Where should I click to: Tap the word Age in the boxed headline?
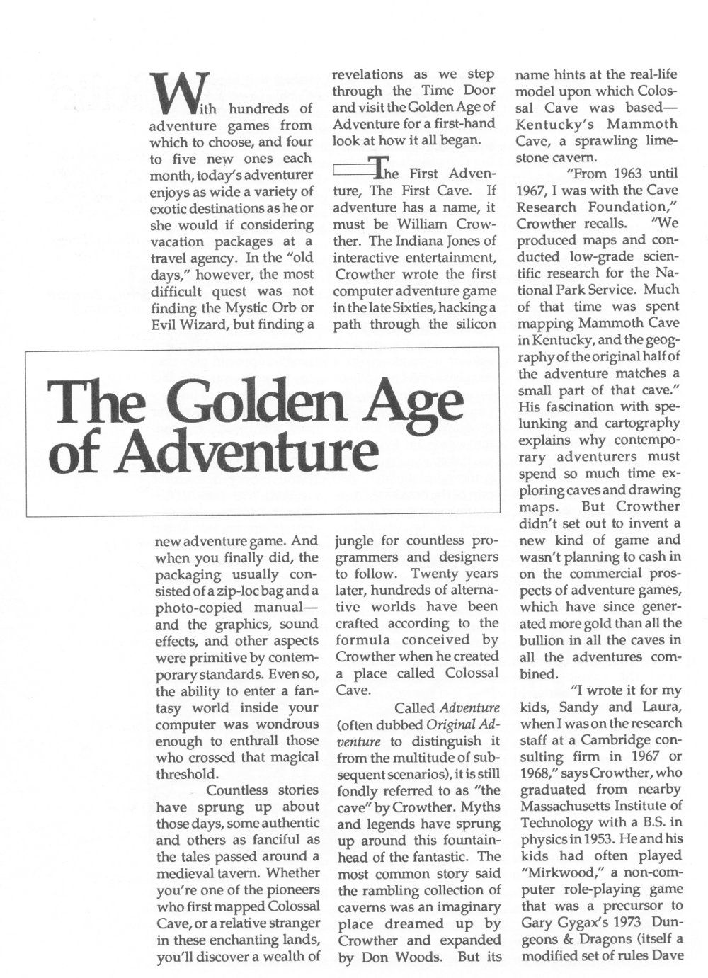pyautogui.click(x=409, y=402)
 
